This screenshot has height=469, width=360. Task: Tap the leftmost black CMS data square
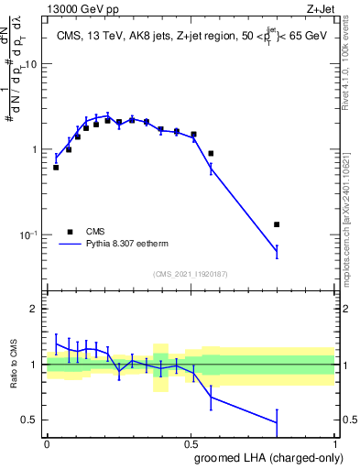(x=56, y=168)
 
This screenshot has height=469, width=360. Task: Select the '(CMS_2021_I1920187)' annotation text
(x=190, y=273)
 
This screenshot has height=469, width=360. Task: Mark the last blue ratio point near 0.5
(x=277, y=422)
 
